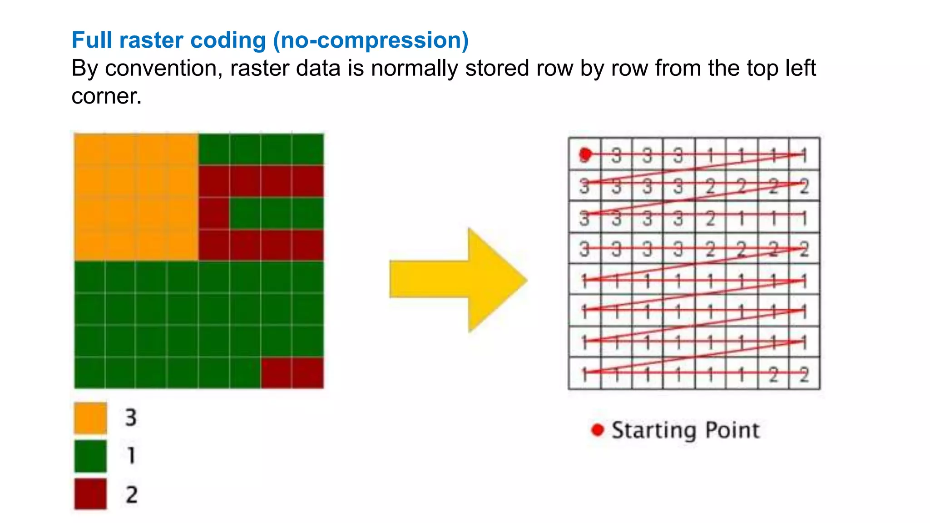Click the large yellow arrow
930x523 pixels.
point(459,279)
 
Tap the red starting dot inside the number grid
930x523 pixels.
point(585,155)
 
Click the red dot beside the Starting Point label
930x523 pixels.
point(598,429)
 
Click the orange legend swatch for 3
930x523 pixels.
point(90,418)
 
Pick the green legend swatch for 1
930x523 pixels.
point(90,456)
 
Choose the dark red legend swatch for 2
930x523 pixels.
point(90,494)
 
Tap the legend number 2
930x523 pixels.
point(132,494)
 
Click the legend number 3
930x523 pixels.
point(131,417)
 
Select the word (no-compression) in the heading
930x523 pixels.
point(371,40)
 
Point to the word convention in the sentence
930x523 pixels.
point(164,69)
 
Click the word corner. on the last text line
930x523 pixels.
point(107,96)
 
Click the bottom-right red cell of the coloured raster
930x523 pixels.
point(308,373)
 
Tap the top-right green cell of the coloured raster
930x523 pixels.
point(308,149)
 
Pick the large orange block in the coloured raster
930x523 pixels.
point(136,197)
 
